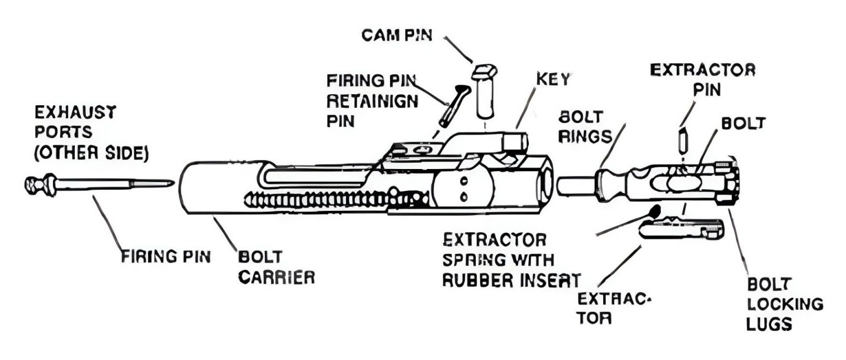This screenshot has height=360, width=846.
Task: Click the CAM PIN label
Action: point(397,36)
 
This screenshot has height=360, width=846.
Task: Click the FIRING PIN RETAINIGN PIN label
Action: point(372,101)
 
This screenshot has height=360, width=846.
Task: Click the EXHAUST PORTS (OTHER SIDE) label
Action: point(91,134)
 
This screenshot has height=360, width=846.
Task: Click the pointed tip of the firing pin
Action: point(165,183)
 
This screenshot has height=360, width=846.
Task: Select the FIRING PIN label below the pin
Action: point(166,257)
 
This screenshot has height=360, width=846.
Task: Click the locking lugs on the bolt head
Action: point(727,182)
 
